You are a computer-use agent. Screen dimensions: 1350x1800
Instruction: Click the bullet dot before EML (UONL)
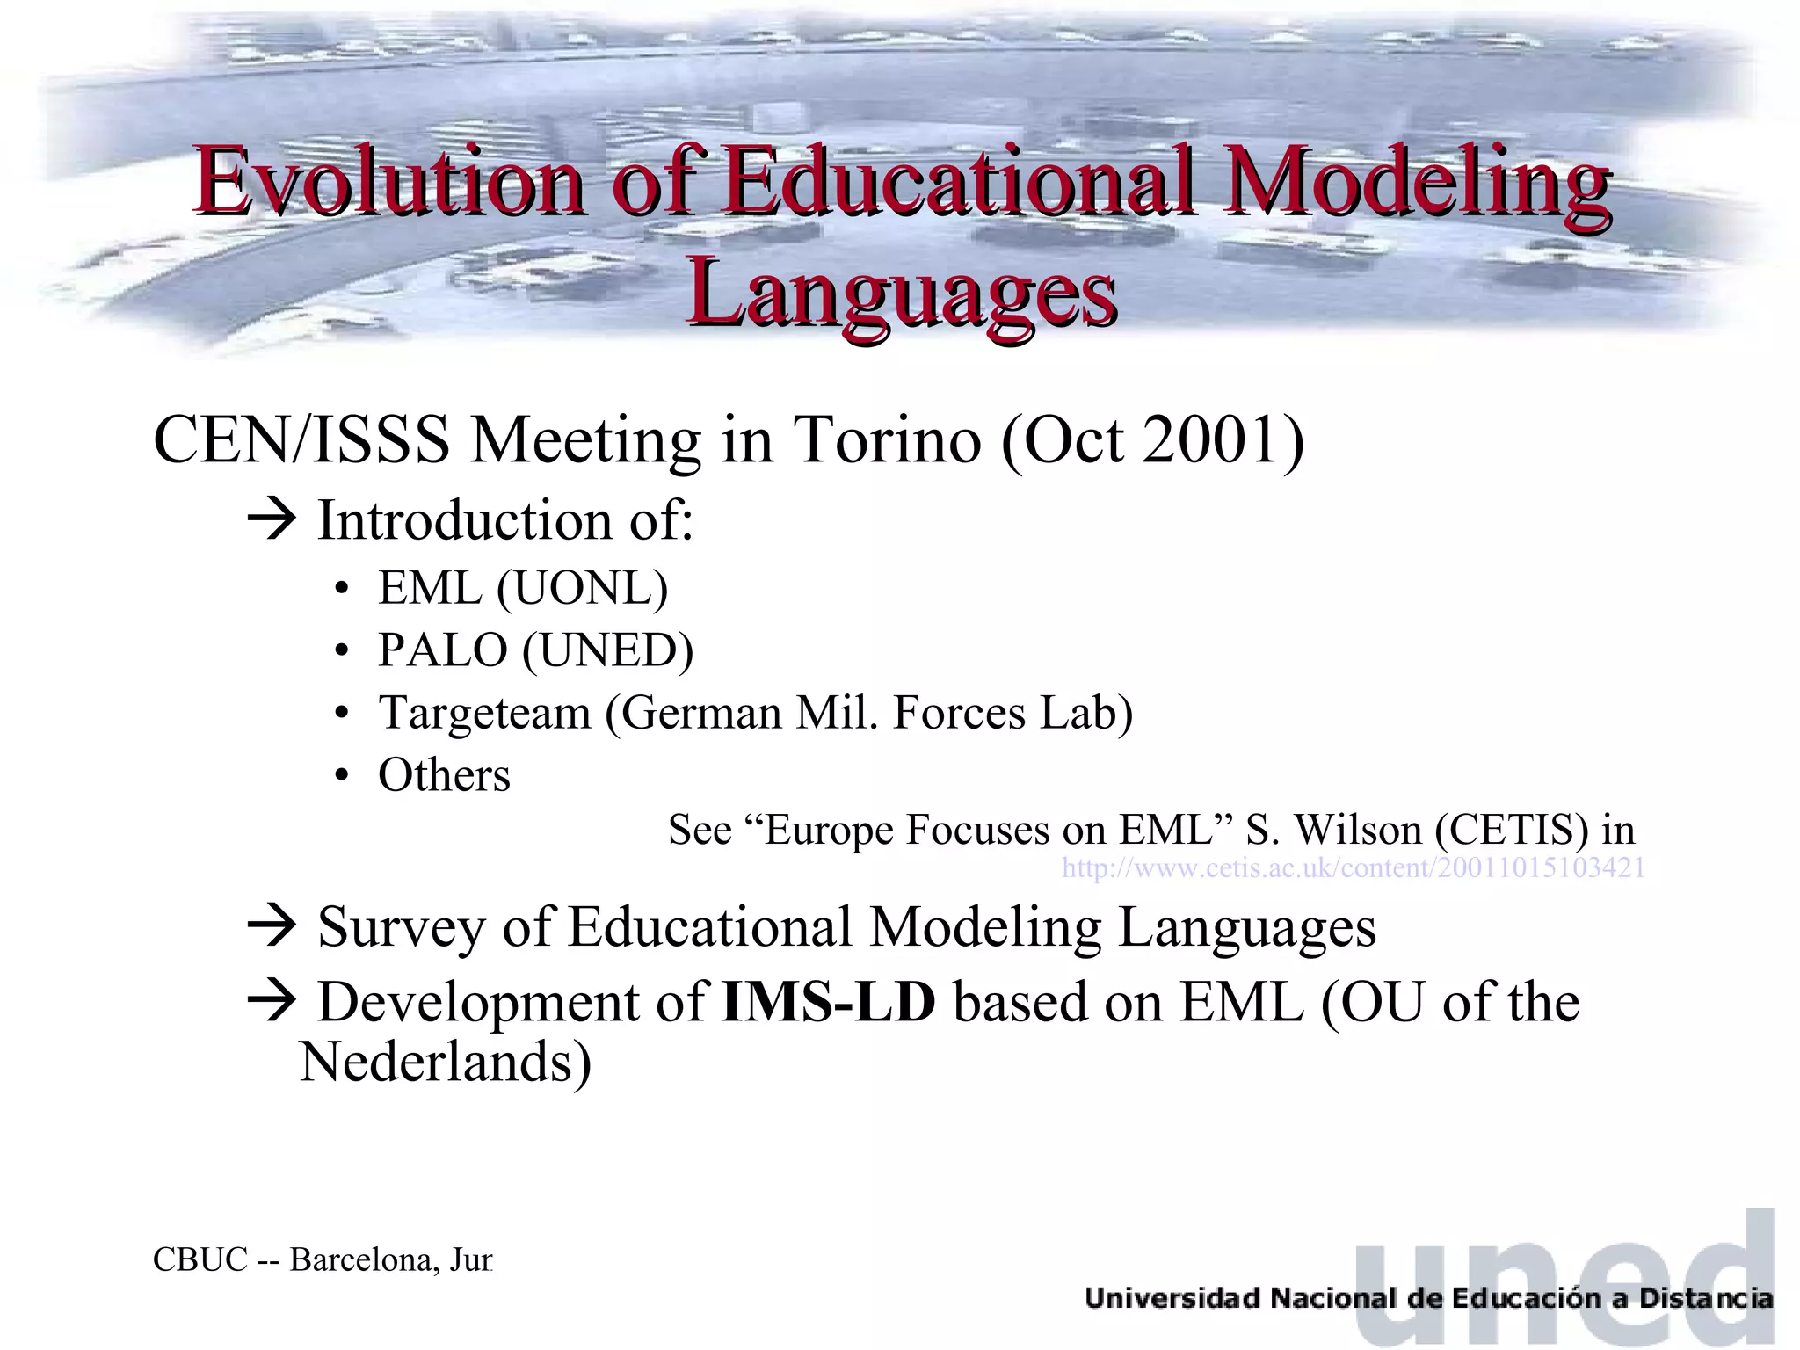click(342, 590)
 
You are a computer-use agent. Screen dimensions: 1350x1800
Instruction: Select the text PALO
click(442, 650)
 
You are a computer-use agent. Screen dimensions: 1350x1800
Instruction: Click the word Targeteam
click(484, 712)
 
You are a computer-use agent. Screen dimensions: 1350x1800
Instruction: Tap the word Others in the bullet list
click(444, 775)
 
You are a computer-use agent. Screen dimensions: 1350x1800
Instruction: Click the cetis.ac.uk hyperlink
click(1353, 868)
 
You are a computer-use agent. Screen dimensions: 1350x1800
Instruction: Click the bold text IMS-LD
click(828, 1002)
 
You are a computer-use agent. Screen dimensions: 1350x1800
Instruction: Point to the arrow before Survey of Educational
click(272, 927)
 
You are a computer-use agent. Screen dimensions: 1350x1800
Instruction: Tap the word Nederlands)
click(445, 1062)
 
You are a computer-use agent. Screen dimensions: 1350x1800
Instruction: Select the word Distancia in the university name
click(1705, 1298)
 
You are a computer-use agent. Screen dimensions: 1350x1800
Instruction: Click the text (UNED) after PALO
click(607, 650)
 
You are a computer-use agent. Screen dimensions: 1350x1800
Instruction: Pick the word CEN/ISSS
click(301, 439)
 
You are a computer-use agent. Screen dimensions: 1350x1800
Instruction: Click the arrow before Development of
click(272, 1002)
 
